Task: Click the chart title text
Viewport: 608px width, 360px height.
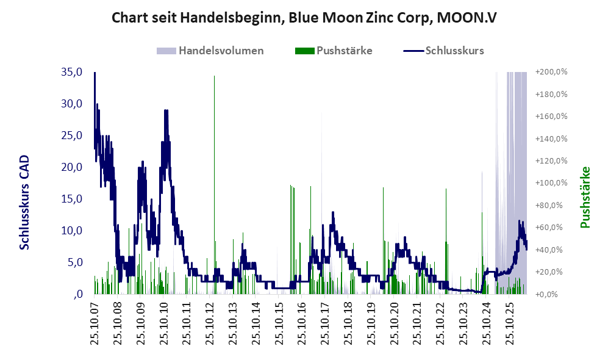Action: (x=304, y=18)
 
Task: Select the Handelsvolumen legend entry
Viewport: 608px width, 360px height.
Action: (x=210, y=51)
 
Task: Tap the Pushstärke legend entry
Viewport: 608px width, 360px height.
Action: (x=334, y=51)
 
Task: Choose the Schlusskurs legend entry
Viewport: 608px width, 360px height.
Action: (x=443, y=51)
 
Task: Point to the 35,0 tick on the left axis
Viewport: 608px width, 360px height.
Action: (x=72, y=72)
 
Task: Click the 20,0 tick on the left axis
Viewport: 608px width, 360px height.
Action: (x=72, y=167)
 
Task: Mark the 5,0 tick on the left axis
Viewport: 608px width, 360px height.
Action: (x=75, y=262)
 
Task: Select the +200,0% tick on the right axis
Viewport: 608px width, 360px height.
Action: (x=551, y=72)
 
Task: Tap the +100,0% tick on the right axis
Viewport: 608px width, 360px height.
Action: (x=551, y=182)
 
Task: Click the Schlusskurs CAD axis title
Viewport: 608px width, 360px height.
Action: (x=24, y=202)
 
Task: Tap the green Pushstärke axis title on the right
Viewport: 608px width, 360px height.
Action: (x=585, y=197)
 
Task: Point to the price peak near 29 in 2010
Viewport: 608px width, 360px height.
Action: (x=166, y=110)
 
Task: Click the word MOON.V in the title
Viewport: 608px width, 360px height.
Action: (x=467, y=18)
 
